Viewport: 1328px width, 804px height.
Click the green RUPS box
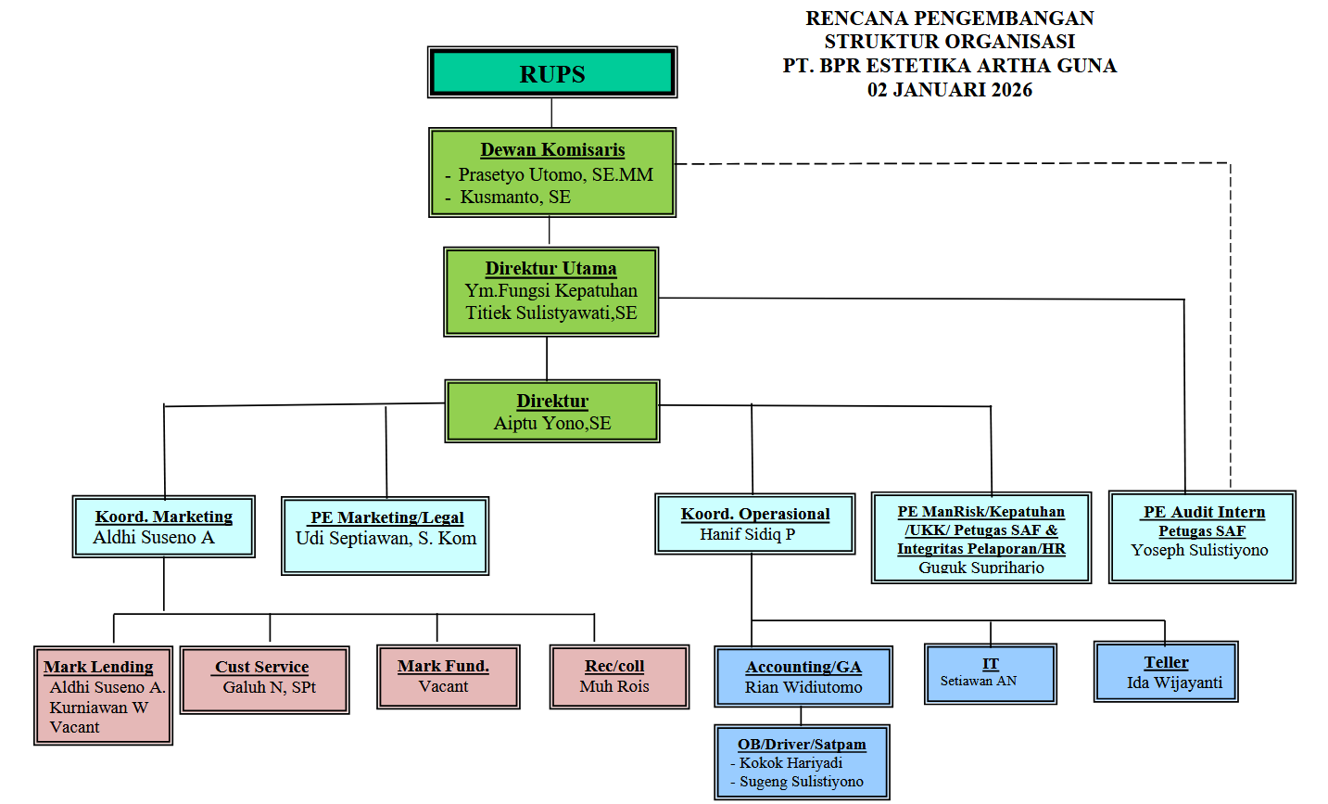click(x=552, y=73)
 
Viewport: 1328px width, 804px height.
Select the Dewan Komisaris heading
click(x=552, y=149)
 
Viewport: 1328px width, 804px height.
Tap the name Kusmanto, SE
click(x=515, y=197)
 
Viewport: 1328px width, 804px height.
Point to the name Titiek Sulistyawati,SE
click(x=551, y=313)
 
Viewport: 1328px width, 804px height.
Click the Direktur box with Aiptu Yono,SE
click(x=552, y=411)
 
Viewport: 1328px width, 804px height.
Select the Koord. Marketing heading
click(x=164, y=517)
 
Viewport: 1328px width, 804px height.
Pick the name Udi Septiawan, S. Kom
click(x=386, y=538)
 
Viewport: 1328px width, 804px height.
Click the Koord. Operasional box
click(x=754, y=524)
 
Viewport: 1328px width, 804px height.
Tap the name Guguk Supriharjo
click(x=980, y=568)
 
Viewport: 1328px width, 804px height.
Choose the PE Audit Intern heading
click(x=1203, y=512)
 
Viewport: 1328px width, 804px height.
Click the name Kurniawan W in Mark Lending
click(x=99, y=707)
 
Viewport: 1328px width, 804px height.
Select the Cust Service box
click(x=265, y=680)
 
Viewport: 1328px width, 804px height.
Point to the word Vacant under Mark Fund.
click(x=443, y=686)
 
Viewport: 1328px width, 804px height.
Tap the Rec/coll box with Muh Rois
click(x=619, y=677)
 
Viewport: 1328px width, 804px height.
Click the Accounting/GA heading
click(x=803, y=667)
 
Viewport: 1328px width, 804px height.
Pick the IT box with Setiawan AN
click(x=991, y=673)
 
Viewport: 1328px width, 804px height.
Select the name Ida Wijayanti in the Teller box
click(x=1174, y=683)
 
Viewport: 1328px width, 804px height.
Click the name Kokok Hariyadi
click(x=790, y=762)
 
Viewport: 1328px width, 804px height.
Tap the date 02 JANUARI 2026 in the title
click(x=949, y=90)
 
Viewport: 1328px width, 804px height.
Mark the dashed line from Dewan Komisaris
click(x=955, y=164)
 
